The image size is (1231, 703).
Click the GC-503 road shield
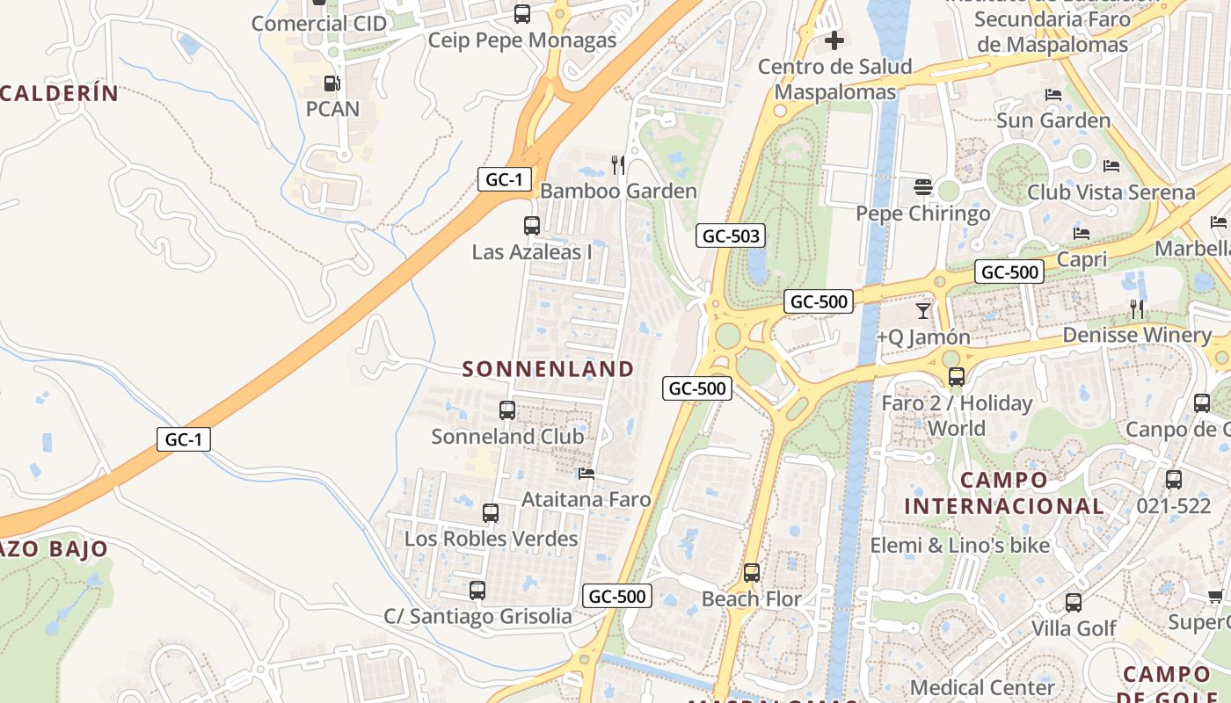point(731,236)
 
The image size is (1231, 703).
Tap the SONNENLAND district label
point(548,369)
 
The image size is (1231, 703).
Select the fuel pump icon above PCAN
point(331,83)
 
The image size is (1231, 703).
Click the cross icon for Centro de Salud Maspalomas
point(834,40)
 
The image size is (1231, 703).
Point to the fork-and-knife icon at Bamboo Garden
point(618,164)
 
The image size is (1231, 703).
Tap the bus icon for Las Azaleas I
point(532,226)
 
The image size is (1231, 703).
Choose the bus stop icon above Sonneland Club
point(507,410)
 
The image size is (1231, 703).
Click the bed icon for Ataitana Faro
point(586,474)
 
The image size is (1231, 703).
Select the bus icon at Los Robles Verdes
point(491,513)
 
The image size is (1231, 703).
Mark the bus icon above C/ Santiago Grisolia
point(477,591)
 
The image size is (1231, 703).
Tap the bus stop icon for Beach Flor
point(752,573)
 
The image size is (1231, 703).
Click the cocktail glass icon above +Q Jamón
point(922,310)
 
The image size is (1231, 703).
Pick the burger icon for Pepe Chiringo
point(922,186)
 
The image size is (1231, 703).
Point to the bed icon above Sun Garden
point(1053,95)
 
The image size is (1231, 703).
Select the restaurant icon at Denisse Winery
point(1137,308)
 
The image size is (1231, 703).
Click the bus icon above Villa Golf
point(1074,603)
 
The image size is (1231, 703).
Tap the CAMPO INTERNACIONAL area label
point(1004,493)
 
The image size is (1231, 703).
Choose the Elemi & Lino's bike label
point(960,546)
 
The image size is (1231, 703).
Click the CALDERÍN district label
point(59,93)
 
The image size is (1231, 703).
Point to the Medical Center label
point(982,687)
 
